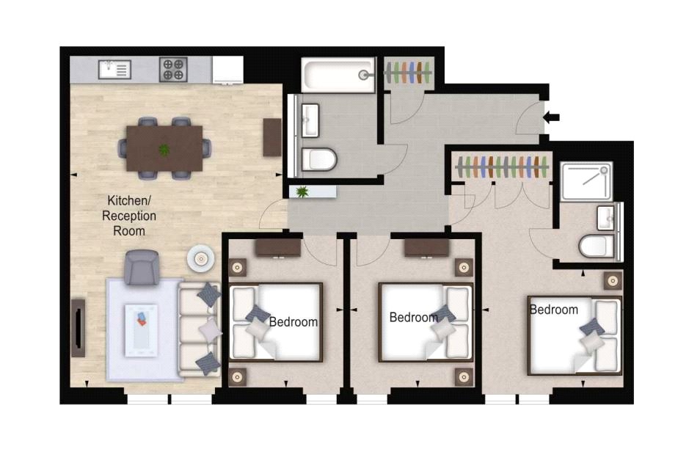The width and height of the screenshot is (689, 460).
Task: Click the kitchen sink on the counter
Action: (114, 70)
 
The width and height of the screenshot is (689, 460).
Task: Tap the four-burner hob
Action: (173, 70)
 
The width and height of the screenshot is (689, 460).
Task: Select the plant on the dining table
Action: (164, 150)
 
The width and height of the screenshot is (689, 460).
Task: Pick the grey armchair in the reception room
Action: (141, 267)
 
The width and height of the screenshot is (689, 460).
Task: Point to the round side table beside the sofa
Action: (200, 258)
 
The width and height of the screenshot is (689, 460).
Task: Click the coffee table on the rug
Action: (141, 329)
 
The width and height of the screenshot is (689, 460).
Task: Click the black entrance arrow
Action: (550, 116)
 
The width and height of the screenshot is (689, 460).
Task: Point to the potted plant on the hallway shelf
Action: (302, 192)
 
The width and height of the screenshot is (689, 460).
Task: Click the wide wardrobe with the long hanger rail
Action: (502, 167)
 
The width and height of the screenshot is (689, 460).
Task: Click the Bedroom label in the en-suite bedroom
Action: (553, 310)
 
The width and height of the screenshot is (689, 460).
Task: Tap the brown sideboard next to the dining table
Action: (272, 137)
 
